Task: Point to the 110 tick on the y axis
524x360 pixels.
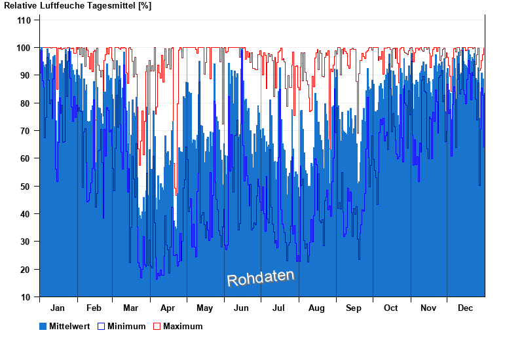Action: click(x=24, y=20)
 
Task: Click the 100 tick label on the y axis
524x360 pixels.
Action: click(x=24, y=48)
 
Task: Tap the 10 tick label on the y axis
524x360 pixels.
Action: click(x=26, y=297)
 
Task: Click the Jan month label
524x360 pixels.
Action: click(x=58, y=308)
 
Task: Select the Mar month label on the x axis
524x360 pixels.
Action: click(x=130, y=308)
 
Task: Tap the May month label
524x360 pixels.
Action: click(x=205, y=308)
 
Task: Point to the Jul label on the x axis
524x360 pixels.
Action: click(x=279, y=308)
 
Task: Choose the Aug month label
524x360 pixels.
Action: click(x=317, y=308)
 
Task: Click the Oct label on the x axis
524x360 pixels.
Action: click(x=391, y=308)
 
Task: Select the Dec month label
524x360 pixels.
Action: click(x=465, y=308)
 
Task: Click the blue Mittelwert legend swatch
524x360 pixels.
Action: click(x=43, y=326)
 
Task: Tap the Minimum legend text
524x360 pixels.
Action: click(x=126, y=326)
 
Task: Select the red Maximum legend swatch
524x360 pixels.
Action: click(x=157, y=326)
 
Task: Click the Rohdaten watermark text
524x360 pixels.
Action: click(x=261, y=278)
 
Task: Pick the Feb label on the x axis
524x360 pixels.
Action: click(x=94, y=308)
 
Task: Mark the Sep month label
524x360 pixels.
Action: click(x=354, y=308)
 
